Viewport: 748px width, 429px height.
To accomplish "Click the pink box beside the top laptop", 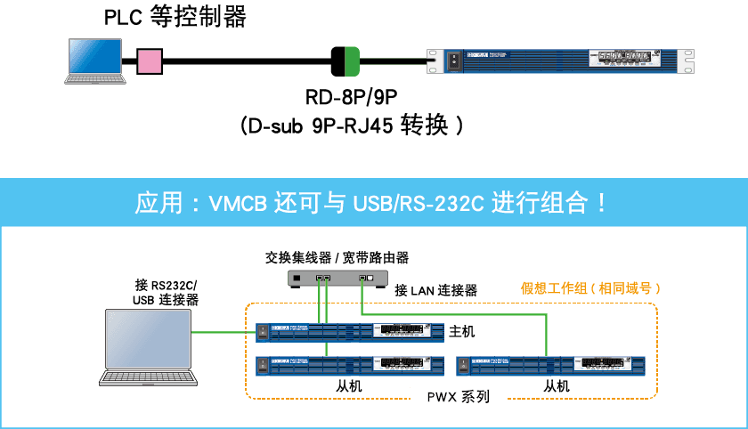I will pyautogui.click(x=150, y=61).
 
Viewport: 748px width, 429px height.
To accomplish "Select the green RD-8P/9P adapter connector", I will pyautogui.click(x=345, y=61).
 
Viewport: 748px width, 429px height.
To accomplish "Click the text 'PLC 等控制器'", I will pyautogui.click(x=175, y=17).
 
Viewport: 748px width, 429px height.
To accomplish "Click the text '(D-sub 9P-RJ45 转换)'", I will pyautogui.click(x=351, y=125).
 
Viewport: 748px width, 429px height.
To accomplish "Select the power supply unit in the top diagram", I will pyautogui.click(x=561, y=61).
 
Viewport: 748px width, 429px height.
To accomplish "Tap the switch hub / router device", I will pyautogui.click(x=338, y=279).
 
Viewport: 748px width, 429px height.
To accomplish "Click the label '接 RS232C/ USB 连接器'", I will pyautogui.click(x=165, y=293).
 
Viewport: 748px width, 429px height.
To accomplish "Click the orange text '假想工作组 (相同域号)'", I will pyautogui.click(x=589, y=289).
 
